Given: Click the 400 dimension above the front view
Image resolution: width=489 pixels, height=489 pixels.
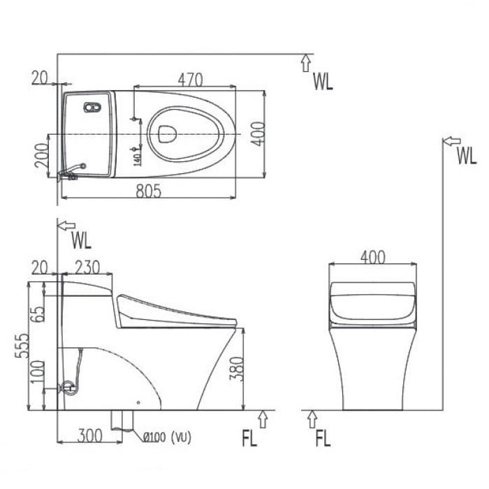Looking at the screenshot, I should tap(372, 256).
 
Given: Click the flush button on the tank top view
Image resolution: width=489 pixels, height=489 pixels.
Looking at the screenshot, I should tap(92, 108).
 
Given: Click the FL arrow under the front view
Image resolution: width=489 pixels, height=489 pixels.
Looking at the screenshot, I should tap(312, 419).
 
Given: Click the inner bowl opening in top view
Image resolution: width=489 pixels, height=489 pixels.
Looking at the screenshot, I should tap(166, 133).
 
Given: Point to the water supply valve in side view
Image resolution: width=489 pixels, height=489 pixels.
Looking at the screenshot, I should tap(68, 386).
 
